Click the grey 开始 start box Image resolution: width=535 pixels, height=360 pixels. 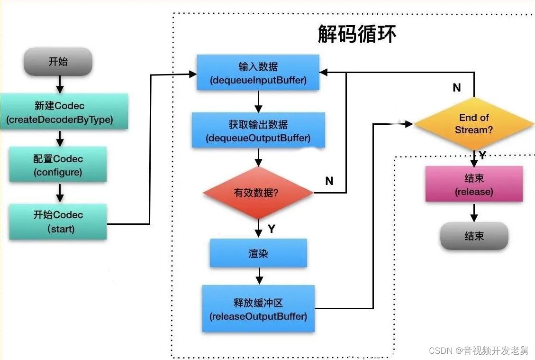58,61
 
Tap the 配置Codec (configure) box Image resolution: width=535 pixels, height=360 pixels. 58,166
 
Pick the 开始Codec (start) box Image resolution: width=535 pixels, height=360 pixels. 58,222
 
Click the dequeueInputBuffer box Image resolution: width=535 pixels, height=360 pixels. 258,73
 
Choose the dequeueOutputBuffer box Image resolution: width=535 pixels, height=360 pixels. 258,130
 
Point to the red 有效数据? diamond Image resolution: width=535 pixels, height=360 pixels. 258,193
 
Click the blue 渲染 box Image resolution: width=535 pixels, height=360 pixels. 258,253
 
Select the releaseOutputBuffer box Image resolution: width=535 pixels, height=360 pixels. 258,309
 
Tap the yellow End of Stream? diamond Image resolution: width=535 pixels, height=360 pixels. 474,124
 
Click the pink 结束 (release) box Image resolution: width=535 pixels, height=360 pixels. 474,185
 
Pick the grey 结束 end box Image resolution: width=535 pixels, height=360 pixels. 474,236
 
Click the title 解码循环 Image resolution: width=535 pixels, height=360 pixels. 357,34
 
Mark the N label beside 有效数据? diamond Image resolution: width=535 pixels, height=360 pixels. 329,181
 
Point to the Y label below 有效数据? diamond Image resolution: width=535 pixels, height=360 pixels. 271,229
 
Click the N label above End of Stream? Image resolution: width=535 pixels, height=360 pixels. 456,88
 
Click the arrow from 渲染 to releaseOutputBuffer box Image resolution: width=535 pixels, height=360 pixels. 258,276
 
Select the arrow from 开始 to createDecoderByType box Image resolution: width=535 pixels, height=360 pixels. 60,84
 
